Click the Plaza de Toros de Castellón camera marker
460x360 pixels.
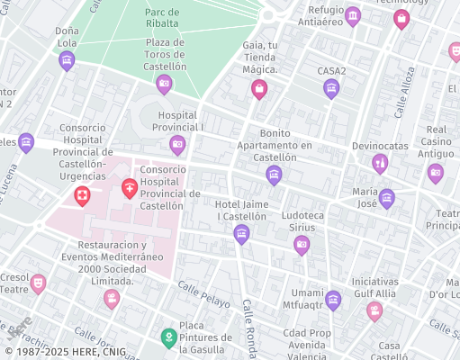[164, 85]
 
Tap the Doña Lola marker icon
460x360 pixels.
[67, 60]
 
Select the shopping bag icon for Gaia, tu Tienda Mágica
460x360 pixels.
[259, 88]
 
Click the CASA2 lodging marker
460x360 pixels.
[331, 88]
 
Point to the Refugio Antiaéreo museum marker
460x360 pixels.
[353, 16]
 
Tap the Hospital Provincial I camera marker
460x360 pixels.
[178, 144]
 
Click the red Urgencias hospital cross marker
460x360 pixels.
[82, 195]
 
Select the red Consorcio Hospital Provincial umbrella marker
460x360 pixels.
[130, 188]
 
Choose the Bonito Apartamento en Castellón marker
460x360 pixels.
[274, 175]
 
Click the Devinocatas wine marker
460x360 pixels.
[380, 163]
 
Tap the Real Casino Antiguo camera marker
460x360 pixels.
[436, 173]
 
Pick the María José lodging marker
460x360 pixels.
[387, 199]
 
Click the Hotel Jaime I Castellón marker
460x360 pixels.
[241, 235]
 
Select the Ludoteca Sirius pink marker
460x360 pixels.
[302, 244]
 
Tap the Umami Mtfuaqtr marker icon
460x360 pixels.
[333, 301]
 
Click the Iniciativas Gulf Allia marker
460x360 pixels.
[374, 310]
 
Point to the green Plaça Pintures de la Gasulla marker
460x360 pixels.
[167, 337]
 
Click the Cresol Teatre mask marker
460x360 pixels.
[38, 283]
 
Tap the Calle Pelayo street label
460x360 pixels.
[204, 294]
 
